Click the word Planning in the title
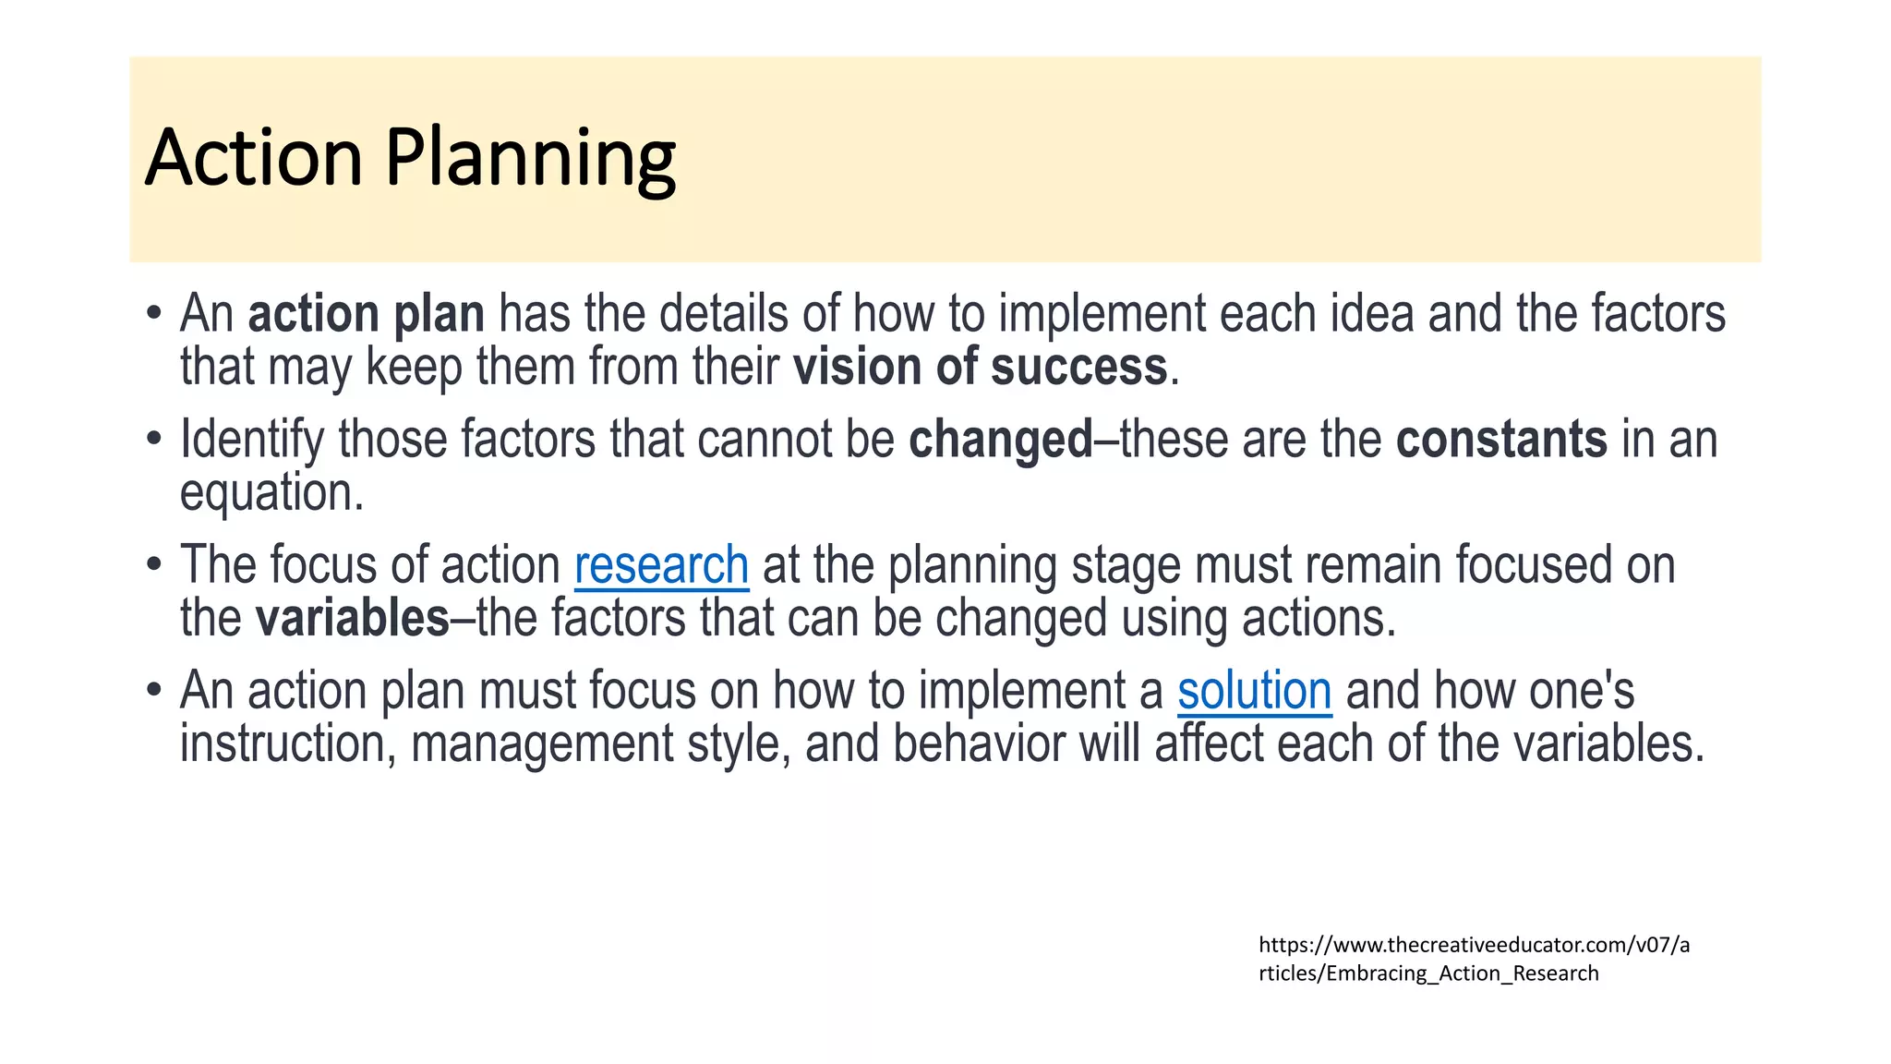530,159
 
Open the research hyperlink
661,565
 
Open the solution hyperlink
1254,691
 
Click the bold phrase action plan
367,314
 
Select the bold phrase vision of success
981,367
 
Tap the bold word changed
1001,440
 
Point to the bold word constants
1501,440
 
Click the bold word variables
352,618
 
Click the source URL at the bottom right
1473,959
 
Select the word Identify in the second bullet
251,440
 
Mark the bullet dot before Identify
154,440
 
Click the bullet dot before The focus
154,565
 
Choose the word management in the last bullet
542,744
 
